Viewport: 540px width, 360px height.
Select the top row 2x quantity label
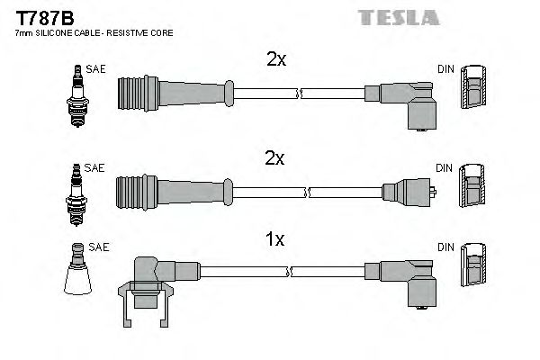pyautogui.click(x=275, y=60)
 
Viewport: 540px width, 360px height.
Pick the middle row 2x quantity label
pyautogui.click(x=275, y=159)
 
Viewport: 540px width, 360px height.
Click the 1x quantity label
pyautogui.click(x=275, y=239)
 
